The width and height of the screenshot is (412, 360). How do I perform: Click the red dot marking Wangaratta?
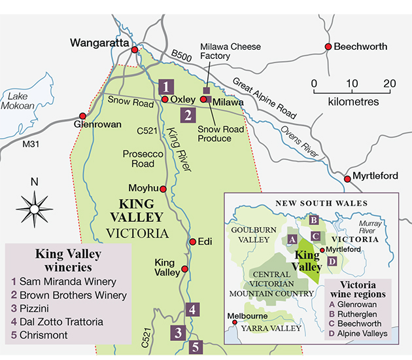point(135,50)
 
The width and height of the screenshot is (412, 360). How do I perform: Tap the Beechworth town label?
point(360,47)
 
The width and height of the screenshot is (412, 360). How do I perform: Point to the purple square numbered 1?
point(167,86)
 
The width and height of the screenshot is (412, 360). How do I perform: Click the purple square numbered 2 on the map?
point(188,117)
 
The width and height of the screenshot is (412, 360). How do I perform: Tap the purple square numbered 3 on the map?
point(177,333)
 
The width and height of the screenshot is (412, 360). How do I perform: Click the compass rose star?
point(36,209)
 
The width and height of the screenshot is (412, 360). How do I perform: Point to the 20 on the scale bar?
point(390,84)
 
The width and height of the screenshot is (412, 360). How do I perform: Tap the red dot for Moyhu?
point(163,189)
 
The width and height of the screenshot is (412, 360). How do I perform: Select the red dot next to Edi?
point(192,242)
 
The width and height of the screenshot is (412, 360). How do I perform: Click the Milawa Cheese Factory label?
point(230,52)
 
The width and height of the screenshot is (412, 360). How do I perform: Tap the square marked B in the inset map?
point(313,221)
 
